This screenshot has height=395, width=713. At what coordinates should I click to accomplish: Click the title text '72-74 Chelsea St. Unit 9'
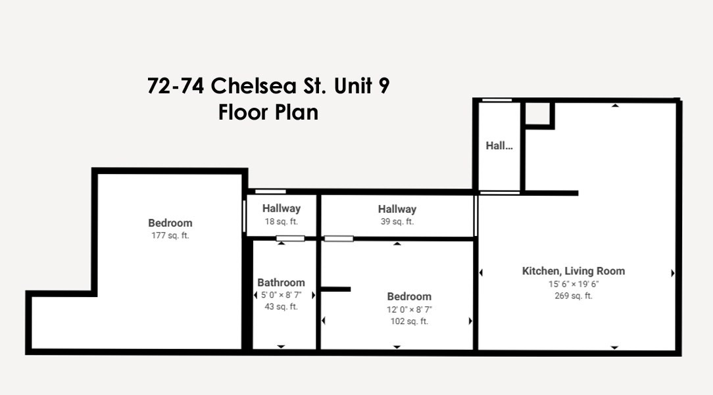pos(268,87)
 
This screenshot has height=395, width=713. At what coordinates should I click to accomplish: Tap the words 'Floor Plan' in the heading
pos(268,112)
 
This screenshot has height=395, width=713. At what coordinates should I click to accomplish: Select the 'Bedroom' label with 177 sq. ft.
pos(170,223)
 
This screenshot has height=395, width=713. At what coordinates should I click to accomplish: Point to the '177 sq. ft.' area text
pos(170,235)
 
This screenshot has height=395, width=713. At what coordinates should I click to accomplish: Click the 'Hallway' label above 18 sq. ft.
pos(281,208)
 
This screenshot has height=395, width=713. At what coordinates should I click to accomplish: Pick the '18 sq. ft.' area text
pos(281,221)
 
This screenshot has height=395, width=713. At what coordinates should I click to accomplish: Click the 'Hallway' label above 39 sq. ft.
pos(397,209)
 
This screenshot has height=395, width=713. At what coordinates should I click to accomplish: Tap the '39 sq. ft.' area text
pos(397,221)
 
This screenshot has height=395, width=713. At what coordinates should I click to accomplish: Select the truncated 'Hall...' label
pos(499,146)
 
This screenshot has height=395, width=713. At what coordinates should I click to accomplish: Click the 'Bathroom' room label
pos(281,283)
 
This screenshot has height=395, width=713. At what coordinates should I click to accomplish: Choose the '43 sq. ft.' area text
pos(281,307)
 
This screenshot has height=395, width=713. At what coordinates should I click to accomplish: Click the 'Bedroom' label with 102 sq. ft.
pos(409,296)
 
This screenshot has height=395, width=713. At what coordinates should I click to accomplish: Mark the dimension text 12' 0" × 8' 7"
pos(409,309)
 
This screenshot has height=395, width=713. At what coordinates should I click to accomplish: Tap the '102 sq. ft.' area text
pos(409,321)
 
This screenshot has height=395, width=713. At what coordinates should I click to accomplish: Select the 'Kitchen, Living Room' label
pos(574,271)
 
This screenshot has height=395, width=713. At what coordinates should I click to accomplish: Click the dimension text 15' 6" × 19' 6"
pos(574,284)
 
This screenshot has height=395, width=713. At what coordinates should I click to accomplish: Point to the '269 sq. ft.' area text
pos(574,296)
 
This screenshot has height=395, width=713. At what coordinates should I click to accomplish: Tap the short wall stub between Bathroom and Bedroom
pos(335,289)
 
